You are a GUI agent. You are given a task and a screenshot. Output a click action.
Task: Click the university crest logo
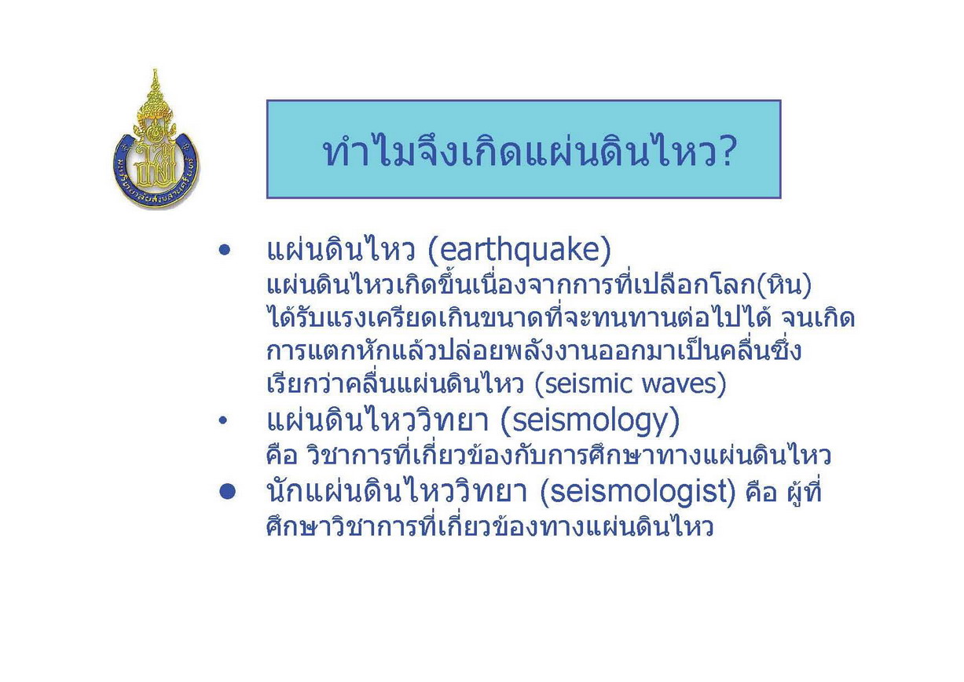[156, 139]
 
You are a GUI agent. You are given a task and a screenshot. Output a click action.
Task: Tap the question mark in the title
[724, 152]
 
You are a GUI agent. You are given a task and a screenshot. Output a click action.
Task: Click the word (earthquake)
[519, 251]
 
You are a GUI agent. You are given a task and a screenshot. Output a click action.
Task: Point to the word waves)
[679, 383]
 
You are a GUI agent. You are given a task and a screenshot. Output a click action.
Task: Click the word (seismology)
[591, 421]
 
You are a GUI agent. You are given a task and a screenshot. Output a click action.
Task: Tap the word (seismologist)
[637, 492]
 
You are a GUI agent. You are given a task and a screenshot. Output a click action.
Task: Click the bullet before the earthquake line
[224, 251]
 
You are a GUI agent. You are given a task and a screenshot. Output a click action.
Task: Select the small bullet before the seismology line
[222, 421]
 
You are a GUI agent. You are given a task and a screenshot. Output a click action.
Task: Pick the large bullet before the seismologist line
[227, 491]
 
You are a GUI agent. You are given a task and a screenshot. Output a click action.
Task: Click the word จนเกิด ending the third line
[817, 318]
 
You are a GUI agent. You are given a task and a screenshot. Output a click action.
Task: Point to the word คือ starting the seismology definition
[282, 456]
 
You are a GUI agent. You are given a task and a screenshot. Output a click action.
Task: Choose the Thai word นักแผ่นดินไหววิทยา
[396, 491]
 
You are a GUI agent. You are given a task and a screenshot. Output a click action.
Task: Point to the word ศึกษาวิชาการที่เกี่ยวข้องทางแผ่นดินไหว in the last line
[489, 526]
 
